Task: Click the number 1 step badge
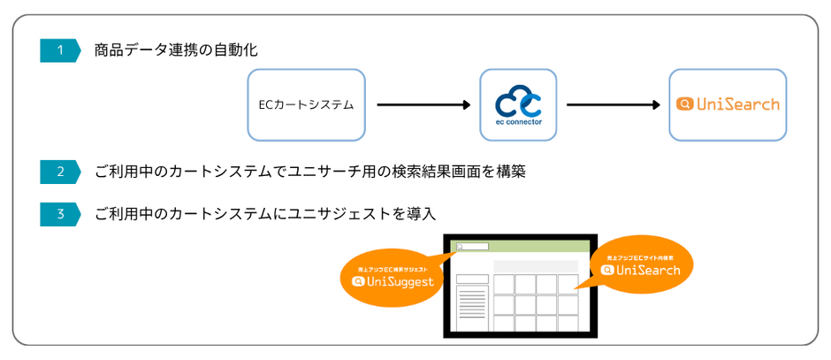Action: (x=60, y=50)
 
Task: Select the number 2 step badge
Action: (x=60, y=172)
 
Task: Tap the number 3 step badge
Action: (x=60, y=214)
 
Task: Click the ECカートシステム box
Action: (x=306, y=104)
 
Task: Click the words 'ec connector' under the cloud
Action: (x=518, y=122)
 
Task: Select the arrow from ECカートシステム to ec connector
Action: (x=423, y=104)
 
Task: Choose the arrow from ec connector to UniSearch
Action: (x=613, y=104)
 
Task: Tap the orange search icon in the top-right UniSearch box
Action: (x=684, y=104)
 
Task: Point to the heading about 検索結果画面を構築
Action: (x=309, y=172)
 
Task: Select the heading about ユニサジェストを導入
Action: (x=265, y=214)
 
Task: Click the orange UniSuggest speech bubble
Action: (x=393, y=275)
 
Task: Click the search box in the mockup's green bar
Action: (x=472, y=247)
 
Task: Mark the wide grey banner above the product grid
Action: (x=536, y=266)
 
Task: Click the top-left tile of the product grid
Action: (x=504, y=284)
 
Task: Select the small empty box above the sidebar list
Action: (x=472, y=279)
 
